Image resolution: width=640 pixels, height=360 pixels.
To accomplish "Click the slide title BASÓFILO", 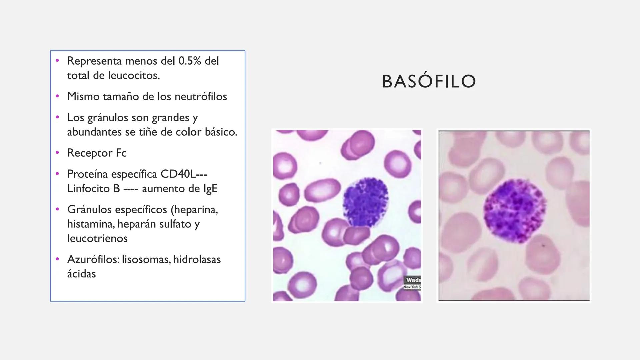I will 429,82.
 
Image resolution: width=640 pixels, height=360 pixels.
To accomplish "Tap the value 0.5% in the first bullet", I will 190,61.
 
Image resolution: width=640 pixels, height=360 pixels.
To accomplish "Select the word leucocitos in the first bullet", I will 134,75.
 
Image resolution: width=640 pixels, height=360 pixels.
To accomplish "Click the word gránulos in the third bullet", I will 108,118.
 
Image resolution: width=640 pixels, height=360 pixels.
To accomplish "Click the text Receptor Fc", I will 97,153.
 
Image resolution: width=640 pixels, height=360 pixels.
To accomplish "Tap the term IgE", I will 210,189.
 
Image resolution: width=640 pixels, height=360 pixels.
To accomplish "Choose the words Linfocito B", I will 93,189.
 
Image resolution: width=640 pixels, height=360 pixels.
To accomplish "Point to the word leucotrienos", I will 97,238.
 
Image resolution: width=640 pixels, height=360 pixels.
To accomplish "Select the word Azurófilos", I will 93,259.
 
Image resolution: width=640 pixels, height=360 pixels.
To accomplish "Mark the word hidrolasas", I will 197,259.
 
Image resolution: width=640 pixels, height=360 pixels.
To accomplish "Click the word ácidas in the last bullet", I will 81,274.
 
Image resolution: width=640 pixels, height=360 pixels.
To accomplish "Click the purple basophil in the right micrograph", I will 515,210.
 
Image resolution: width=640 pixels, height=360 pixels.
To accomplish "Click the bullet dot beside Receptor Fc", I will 57,153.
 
